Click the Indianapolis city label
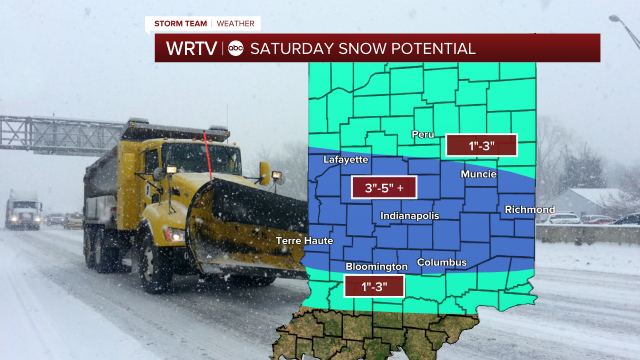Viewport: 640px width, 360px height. tap(409, 216)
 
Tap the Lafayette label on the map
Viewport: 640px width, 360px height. tap(345, 160)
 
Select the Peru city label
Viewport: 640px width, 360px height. tap(422, 134)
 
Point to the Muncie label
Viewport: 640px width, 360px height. tap(478, 174)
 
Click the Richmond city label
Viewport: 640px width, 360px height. tap(529, 209)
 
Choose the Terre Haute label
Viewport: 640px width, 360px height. tap(304, 241)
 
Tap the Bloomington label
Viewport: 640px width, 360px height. tap(376, 267)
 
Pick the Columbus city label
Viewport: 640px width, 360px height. tap(441, 262)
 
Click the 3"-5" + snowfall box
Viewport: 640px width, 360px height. tap(384, 187)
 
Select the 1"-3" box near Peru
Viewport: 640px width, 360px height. tap(481, 145)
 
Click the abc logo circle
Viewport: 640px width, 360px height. tap(235, 48)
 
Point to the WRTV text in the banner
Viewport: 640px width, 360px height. tap(191, 48)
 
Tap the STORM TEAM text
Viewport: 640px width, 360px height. tap(180, 23)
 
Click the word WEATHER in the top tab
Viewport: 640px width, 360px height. tap(235, 23)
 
